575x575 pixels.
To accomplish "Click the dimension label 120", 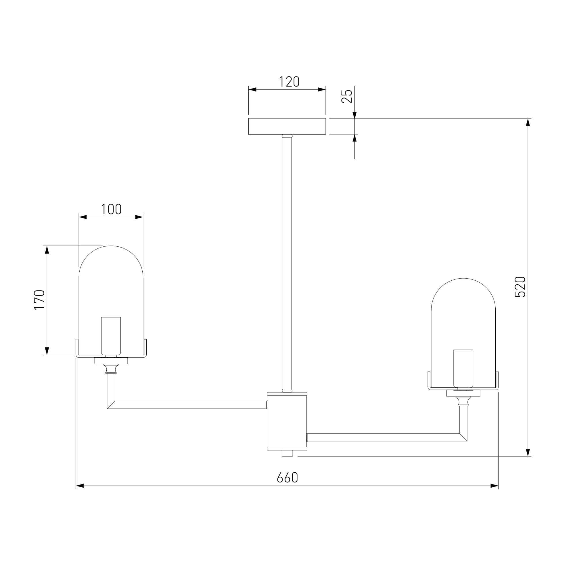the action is [x=289, y=82].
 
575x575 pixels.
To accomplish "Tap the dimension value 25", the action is [x=347, y=96].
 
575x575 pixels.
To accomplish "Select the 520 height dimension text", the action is [x=520, y=287].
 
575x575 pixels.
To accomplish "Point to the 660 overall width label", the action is [x=287, y=478].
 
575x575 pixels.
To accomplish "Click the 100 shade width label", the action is [x=111, y=210].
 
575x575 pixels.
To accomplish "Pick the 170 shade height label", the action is [x=39, y=300].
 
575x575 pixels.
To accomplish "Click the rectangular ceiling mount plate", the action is [x=287, y=126].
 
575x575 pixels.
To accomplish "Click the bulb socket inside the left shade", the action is [x=111, y=336].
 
